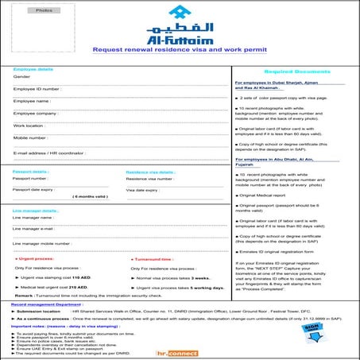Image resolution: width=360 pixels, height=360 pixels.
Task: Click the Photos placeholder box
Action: [44, 12]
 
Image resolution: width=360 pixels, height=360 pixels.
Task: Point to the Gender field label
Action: [22, 77]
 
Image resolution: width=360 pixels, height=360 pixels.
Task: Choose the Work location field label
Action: [29, 126]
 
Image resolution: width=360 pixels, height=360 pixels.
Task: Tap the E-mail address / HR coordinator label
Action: [48, 151]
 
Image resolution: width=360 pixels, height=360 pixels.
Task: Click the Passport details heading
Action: [31, 171]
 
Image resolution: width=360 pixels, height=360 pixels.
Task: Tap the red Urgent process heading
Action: [36, 259]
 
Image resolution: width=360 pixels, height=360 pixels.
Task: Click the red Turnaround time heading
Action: [150, 259]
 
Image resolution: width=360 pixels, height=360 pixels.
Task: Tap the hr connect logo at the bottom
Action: [179, 351]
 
